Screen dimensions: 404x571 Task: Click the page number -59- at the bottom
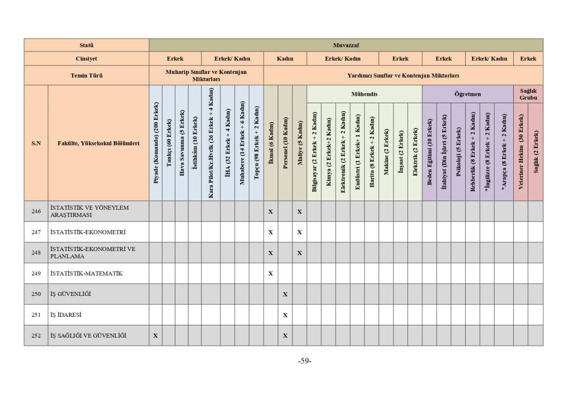pyautogui.click(x=305, y=361)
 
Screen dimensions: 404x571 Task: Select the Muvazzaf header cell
pyautogui.click(x=345, y=45)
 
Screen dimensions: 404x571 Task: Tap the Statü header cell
pyautogui.click(x=86, y=45)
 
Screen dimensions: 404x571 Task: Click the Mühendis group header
pyautogui.click(x=364, y=94)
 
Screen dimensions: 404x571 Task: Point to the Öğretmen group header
pyautogui.click(x=467, y=94)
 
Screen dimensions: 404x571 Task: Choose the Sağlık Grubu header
pyautogui.click(x=528, y=94)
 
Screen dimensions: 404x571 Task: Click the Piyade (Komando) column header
pyautogui.click(x=156, y=143)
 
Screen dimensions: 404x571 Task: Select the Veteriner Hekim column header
pyautogui.click(x=521, y=151)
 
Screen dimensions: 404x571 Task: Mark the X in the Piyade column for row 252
pyautogui.click(x=156, y=336)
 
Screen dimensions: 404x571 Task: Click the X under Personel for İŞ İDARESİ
pyautogui.click(x=285, y=315)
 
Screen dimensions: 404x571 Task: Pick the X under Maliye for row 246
pyautogui.click(x=299, y=211)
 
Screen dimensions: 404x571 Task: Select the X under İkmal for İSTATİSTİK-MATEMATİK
pyautogui.click(x=271, y=273)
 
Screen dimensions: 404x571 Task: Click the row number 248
pyautogui.click(x=36, y=253)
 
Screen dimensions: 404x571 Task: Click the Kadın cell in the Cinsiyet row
pyautogui.click(x=285, y=59)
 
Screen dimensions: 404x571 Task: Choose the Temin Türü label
pyautogui.click(x=86, y=75)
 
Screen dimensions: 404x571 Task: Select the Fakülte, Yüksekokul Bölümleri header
pyautogui.click(x=98, y=143)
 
